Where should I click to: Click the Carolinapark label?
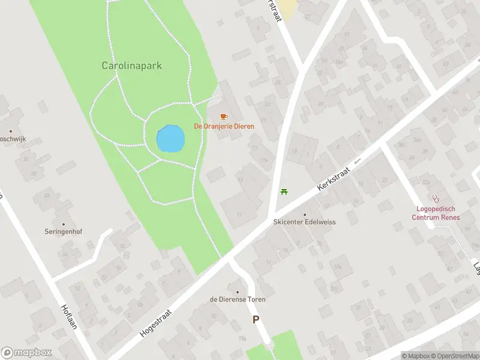[131, 66]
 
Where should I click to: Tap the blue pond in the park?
[170, 139]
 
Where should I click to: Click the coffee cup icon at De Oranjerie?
[224, 116]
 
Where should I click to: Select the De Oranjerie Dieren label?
[224, 127]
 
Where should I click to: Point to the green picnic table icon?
[284, 192]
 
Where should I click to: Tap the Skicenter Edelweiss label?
[305, 222]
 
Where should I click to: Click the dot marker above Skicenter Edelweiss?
[305, 214]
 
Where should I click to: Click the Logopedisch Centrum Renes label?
[436, 213]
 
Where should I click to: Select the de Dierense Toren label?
[238, 299]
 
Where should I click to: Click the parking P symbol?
[256, 320]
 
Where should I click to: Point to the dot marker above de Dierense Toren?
[238, 292]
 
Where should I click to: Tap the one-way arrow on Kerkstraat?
[358, 161]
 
